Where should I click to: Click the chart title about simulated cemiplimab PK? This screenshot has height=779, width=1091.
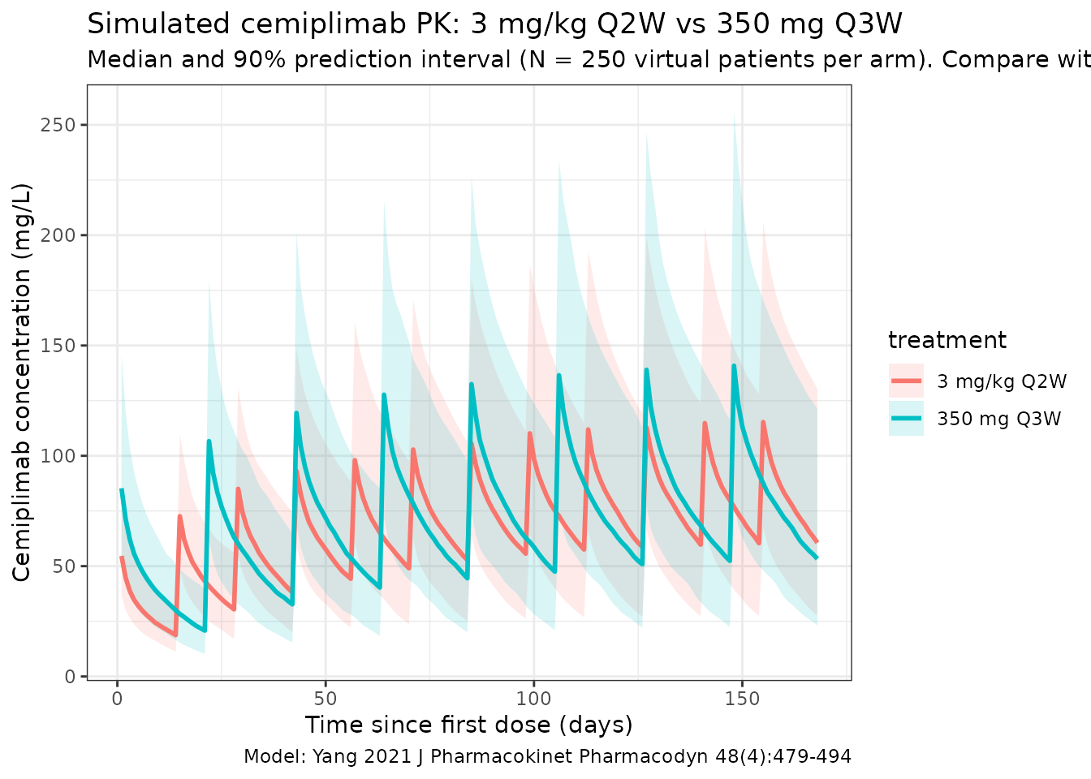point(494,24)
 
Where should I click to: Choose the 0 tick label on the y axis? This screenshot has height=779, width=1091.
point(70,676)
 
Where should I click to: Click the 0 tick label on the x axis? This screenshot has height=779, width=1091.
point(118,698)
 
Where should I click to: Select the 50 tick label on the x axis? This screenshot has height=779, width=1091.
point(326,698)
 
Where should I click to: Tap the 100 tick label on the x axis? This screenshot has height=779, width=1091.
point(533,698)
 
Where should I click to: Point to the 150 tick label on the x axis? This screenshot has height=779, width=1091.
point(741,698)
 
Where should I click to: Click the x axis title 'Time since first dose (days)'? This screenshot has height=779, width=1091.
point(468,725)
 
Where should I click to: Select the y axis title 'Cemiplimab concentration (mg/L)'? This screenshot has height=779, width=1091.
point(22,382)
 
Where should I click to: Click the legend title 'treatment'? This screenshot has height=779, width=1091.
point(947,340)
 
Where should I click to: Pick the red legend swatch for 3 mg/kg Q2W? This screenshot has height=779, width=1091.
point(906,381)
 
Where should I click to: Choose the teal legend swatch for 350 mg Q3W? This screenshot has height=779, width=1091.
point(906,419)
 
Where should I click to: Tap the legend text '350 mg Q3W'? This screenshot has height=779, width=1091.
point(998,419)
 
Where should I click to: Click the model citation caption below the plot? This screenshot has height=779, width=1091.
point(547,757)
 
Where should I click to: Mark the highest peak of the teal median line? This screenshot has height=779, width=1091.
point(734,366)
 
